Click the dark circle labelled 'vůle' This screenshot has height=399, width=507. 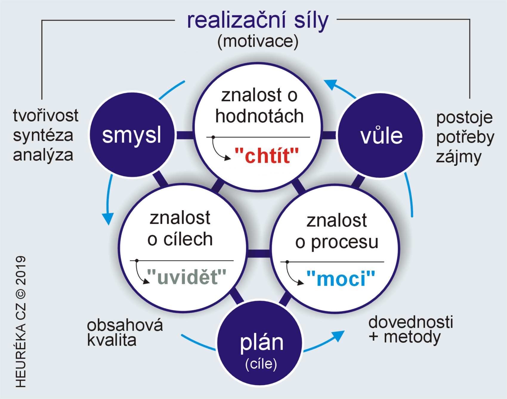(381, 136)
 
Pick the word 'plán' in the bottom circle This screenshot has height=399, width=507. (262, 342)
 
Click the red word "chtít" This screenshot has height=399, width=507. (266, 155)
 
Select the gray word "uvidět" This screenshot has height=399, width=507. (187, 277)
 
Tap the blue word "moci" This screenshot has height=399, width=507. (341, 278)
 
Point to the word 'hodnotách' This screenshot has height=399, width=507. (259, 116)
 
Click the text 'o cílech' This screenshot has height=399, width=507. (180, 239)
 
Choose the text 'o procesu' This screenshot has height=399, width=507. (337, 242)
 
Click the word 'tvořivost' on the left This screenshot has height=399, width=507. (46, 115)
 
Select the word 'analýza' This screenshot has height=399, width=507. (43, 155)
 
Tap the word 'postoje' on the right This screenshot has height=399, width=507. (464, 118)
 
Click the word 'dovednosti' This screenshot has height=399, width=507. (411, 322)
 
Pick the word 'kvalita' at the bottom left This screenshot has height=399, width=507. (112, 340)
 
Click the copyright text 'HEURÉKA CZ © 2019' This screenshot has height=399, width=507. (20, 322)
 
